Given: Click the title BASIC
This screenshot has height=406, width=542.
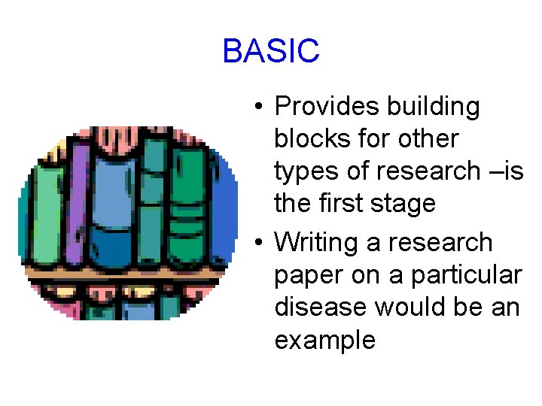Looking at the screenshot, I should tap(271, 51).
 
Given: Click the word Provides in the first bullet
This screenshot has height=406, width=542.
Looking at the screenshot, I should tap(327, 107).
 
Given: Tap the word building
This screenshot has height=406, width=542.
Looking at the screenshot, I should tap(433, 107).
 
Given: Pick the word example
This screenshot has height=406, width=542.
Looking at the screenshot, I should tap(324, 341).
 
